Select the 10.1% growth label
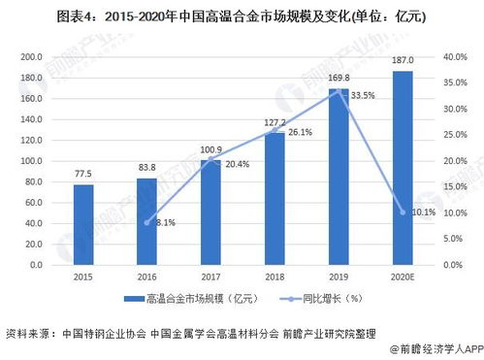pos(424,213)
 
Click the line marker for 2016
pos(147,222)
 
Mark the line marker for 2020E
pos(403,212)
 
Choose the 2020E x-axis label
pos(403,275)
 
